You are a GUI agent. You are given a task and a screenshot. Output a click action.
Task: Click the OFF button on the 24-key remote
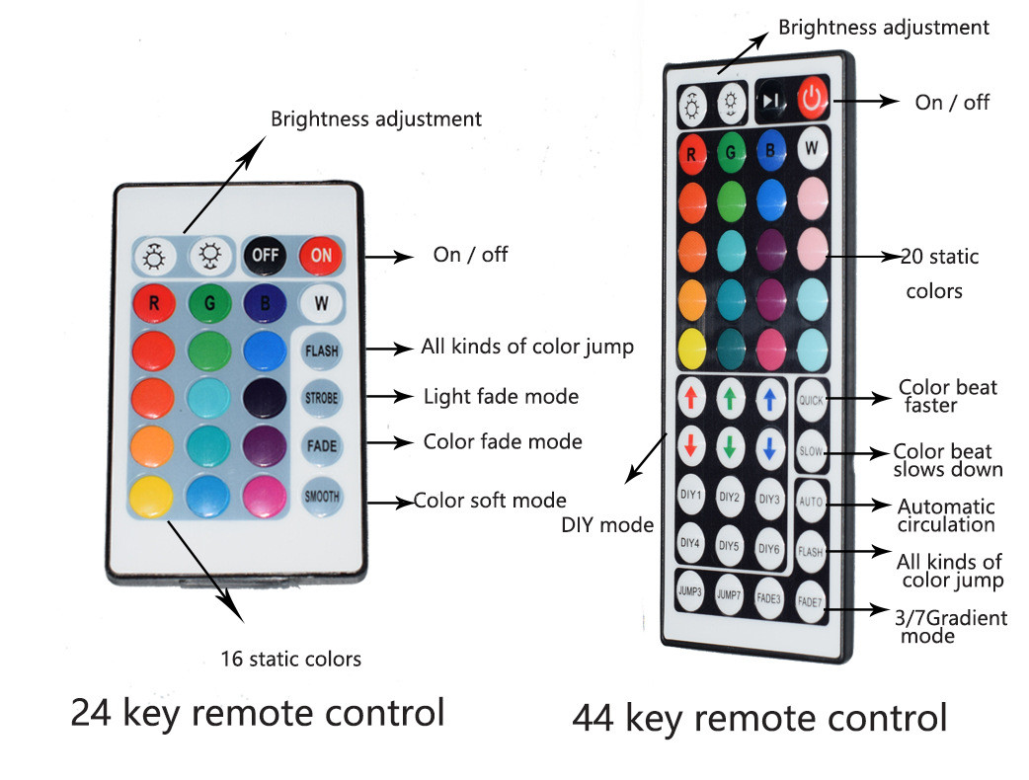[x=265, y=256]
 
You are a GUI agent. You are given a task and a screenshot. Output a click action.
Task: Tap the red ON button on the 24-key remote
[x=321, y=256]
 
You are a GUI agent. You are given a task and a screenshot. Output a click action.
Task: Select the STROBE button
[x=321, y=397]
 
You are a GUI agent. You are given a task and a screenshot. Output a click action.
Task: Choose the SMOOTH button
[x=321, y=496]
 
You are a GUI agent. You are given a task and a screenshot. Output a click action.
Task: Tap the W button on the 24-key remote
[x=321, y=303]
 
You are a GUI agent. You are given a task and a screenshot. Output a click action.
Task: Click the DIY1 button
[x=691, y=497]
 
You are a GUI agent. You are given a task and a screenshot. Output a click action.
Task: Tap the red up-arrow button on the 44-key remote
[x=691, y=397]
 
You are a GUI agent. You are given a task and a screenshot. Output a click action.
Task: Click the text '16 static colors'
[x=290, y=659]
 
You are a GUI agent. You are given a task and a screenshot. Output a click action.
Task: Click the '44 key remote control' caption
[x=759, y=718]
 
